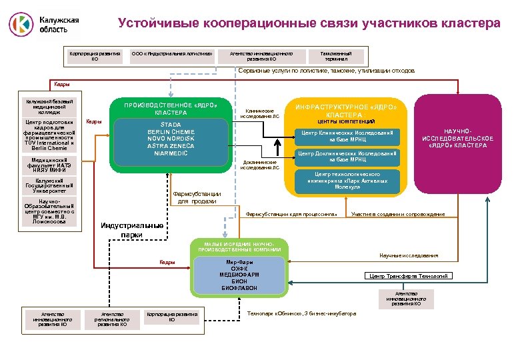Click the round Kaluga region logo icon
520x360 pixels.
[21, 23]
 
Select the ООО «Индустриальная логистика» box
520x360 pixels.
[173, 53]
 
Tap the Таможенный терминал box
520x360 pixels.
[336, 55]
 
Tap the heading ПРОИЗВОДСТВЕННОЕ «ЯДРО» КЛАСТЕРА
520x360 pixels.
[172, 107]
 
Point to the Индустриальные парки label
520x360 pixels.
[132, 229]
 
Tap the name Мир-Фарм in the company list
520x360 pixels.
[239, 262]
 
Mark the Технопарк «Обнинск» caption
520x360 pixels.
[301, 313]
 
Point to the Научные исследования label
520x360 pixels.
[409, 255]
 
